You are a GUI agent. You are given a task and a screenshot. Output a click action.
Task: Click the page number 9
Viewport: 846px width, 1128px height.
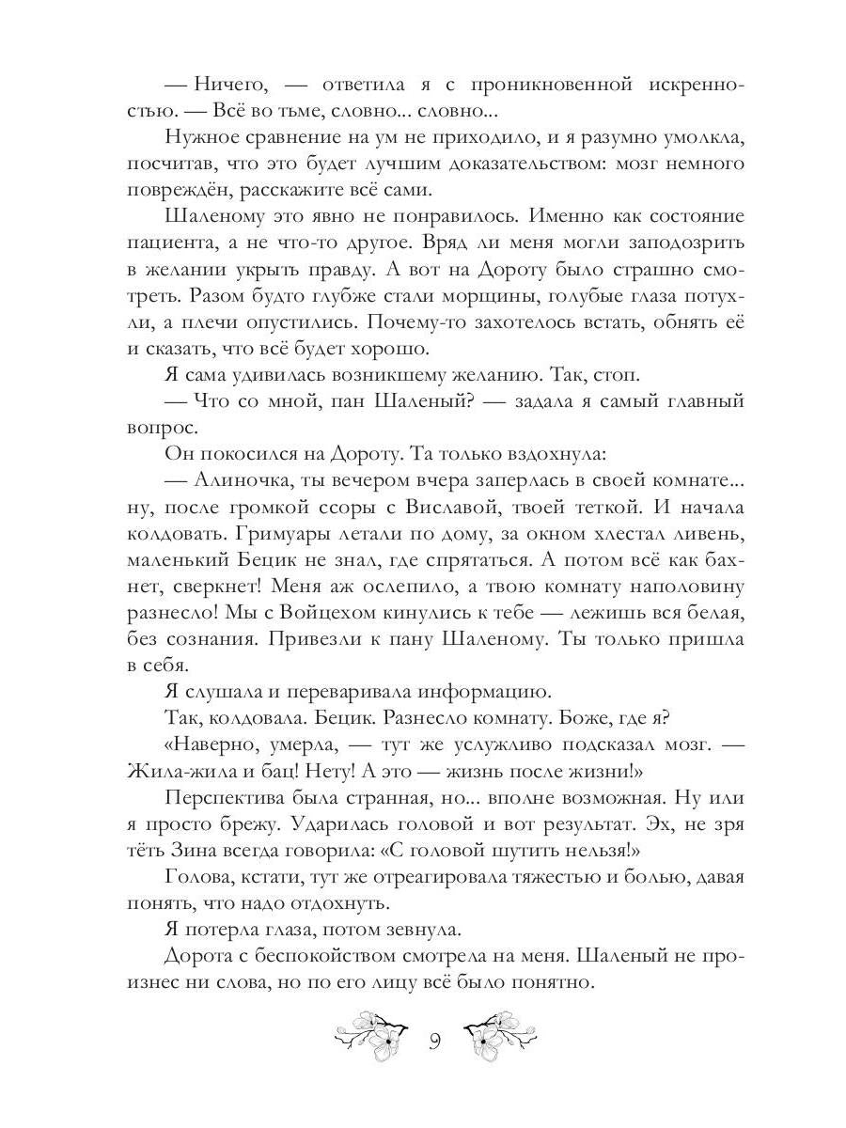pos(435,1040)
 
